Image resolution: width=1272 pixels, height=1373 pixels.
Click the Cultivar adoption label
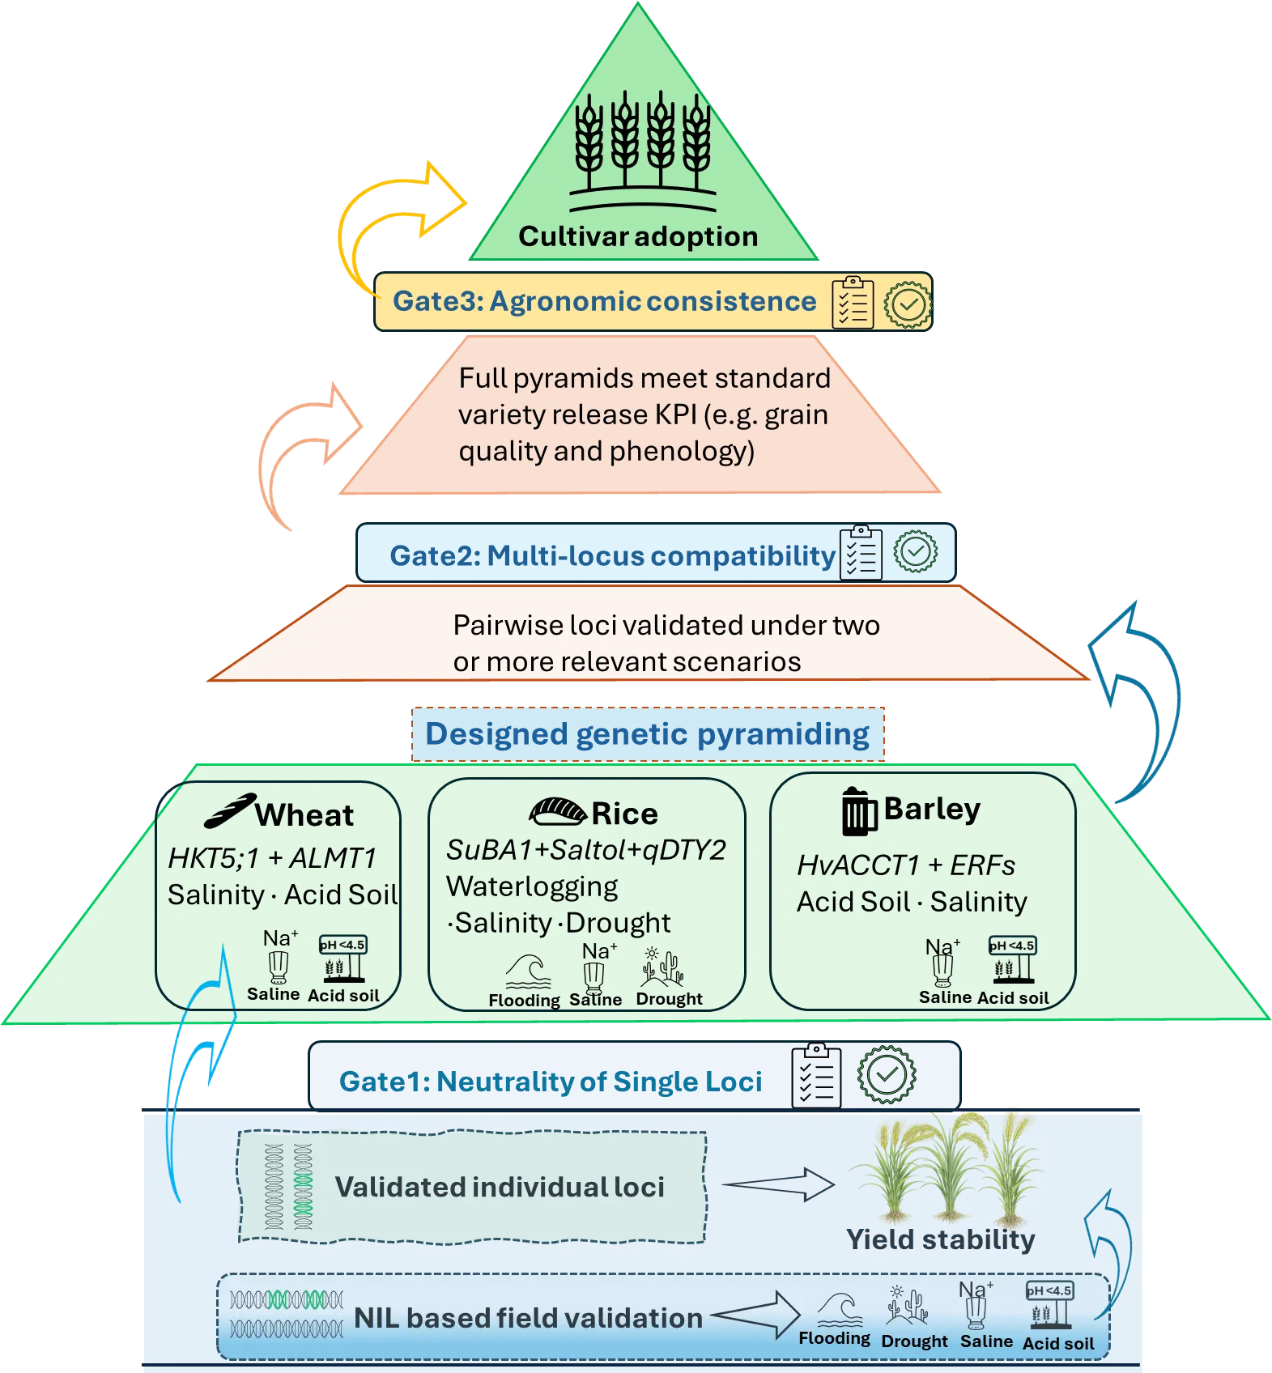pyautogui.click(x=638, y=236)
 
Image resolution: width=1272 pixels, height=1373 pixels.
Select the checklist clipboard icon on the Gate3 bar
pyautogui.click(x=853, y=303)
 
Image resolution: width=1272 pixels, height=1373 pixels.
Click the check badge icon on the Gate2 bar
pyautogui.click(x=915, y=551)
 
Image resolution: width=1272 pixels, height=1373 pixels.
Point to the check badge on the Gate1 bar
pyautogui.click(x=887, y=1074)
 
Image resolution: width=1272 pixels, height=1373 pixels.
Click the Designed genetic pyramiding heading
pyautogui.click(x=647, y=733)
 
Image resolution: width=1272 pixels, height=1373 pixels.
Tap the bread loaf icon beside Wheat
pyautogui.click(x=230, y=811)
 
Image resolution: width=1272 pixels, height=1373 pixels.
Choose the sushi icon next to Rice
pyautogui.click(x=557, y=810)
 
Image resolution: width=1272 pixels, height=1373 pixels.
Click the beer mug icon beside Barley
pyautogui.click(x=858, y=811)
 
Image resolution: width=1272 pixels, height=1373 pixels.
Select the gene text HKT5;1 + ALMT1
pyautogui.click(x=272, y=858)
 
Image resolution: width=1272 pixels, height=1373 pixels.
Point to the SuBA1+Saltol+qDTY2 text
pyautogui.click(x=585, y=850)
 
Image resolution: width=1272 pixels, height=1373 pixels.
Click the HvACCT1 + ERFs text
pyautogui.click(x=905, y=865)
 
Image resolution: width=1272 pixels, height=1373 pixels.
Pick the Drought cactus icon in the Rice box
pyautogui.click(x=664, y=967)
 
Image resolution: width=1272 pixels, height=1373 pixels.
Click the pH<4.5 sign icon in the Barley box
pyautogui.click(x=1012, y=959)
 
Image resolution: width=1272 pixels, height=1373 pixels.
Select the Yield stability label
pyautogui.click(x=940, y=1239)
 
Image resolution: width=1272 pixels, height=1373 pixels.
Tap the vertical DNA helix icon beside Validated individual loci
pyautogui.click(x=289, y=1187)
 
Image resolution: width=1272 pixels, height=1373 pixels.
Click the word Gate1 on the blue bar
pyautogui.click(x=383, y=1082)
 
